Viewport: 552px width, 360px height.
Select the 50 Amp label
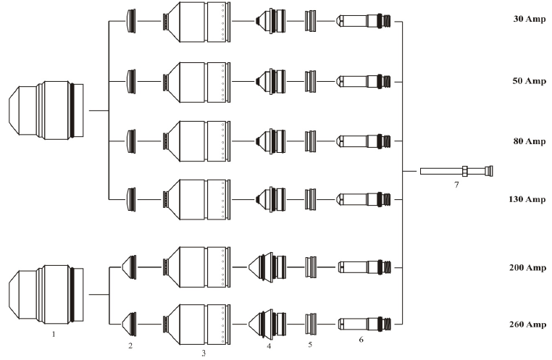(525, 80)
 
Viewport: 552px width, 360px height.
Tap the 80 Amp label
(525, 141)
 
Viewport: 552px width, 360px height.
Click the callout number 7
(456, 185)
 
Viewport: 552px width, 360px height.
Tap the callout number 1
(54, 335)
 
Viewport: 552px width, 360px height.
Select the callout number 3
(204, 353)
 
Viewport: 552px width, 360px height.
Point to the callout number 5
(310, 345)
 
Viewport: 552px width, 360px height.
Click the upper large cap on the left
(44, 111)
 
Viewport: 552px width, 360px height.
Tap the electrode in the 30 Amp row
(367, 22)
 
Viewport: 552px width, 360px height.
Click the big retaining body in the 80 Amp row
(197, 139)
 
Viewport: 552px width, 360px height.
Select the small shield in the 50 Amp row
(131, 79)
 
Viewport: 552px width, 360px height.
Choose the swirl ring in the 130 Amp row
(310, 198)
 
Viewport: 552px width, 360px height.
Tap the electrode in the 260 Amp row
(367, 323)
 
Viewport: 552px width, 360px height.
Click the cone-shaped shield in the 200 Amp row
(130, 267)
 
